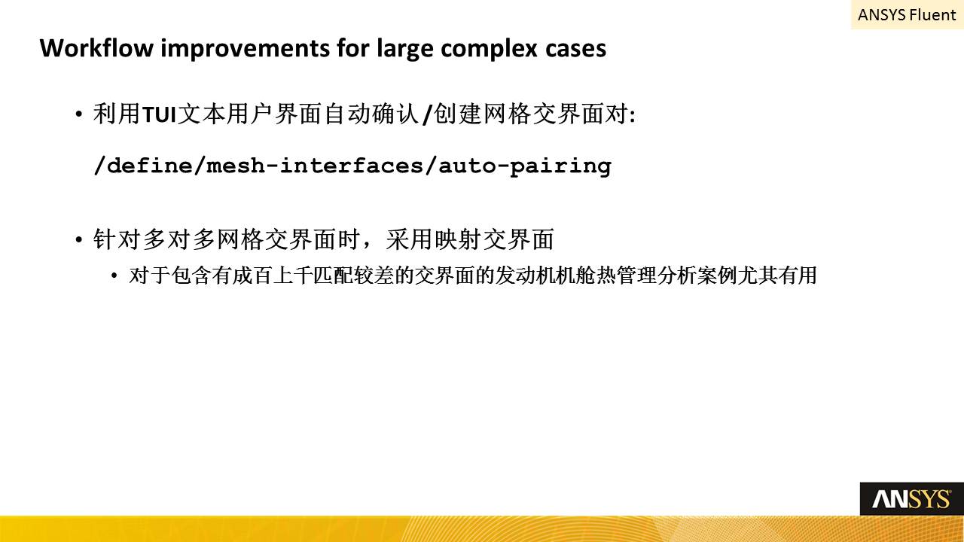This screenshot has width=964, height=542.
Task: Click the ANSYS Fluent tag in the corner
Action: [x=907, y=15]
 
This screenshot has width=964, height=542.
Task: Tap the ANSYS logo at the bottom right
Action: [x=911, y=499]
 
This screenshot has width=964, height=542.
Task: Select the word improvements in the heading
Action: [x=245, y=48]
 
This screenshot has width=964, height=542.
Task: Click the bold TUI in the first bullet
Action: [x=159, y=115]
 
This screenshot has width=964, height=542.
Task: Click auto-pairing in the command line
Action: [x=525, y=166]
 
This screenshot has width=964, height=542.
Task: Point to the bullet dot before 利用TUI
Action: [x=78, y=114]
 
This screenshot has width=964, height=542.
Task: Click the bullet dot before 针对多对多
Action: [x=78, y=239]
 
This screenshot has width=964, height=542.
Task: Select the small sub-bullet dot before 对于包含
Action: [x=114, y=276]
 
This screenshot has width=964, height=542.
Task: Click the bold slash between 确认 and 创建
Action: [x=427, y=115]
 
